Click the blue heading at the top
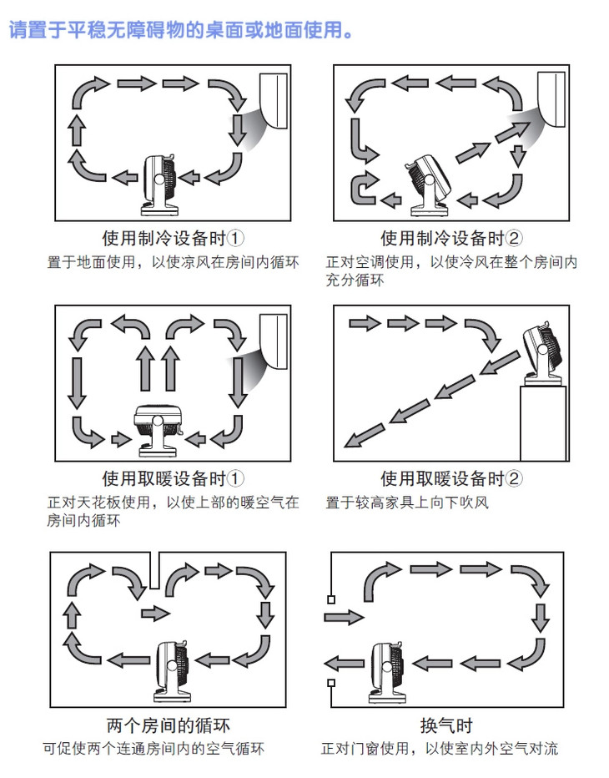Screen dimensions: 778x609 [x=179, y=32]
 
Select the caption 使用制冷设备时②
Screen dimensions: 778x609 [x=451, y=238]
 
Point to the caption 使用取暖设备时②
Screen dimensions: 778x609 [x=451, y=479]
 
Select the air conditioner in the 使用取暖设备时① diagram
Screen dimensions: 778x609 [x=277, y=338]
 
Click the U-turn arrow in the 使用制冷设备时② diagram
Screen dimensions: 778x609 [x=364, y=189]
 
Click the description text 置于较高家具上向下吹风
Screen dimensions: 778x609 [x=407, y=503]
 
